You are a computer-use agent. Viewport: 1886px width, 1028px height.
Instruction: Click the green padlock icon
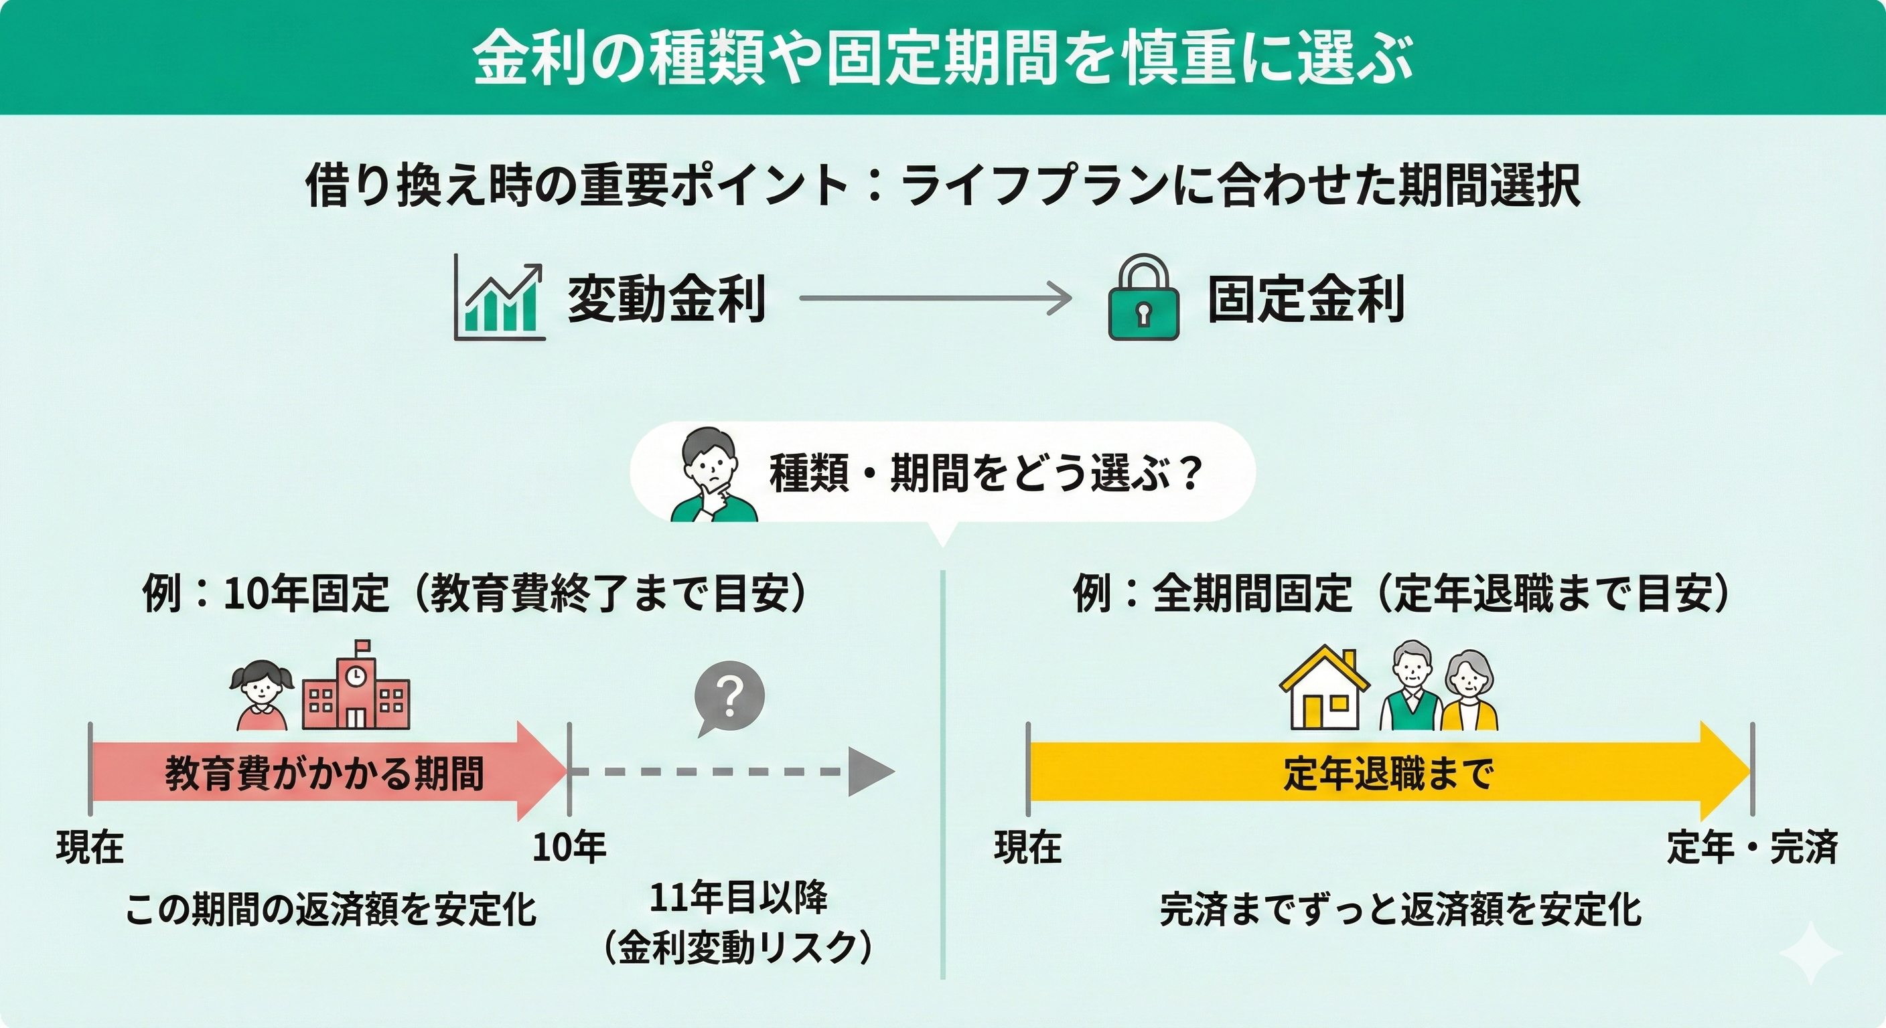coord(1144,297)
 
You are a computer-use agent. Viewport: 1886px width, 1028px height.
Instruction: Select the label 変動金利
coord(666,298)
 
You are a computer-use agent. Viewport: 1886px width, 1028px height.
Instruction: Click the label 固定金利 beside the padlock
coord(1306,298)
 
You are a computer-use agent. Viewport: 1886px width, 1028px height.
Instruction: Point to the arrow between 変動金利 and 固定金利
coord(935,298)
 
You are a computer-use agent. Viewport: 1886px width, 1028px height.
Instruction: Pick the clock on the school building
coord(356,675)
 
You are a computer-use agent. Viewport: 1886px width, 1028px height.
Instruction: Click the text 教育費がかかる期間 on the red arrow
coord(324,772)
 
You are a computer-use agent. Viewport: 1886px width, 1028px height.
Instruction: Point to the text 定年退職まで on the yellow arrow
coord(1388,772)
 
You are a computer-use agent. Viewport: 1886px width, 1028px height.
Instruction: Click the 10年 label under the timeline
coord(569,847)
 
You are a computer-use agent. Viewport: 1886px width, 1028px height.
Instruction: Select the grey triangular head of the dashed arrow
coord(871,772)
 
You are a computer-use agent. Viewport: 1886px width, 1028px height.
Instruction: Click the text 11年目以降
coord(738,897)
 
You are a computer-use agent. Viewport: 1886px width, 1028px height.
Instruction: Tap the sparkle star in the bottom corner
coord(1810,952)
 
